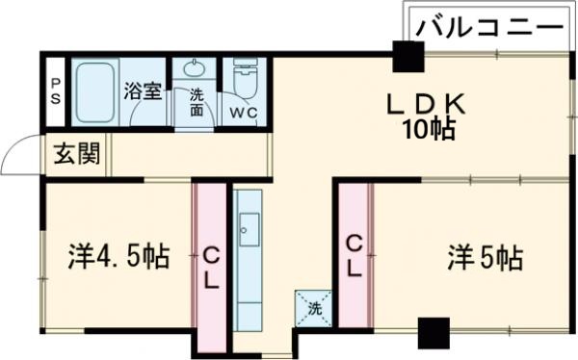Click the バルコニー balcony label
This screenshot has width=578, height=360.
point(488,26)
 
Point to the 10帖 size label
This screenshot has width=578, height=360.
point(429,130)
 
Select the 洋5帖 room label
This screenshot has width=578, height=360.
point(485,257)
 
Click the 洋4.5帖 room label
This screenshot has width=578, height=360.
point(118,257)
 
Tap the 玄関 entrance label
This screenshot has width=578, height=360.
point(76,154)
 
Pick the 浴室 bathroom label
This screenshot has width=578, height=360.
point(144,93)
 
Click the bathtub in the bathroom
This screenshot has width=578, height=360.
point(94,92)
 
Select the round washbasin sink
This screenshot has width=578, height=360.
point(197,69)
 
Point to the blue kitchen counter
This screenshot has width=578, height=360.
point(249,260)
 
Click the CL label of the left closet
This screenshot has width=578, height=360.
point(210,268)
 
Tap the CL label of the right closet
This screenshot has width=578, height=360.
point(354,255)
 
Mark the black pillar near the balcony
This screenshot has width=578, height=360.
point(407,59)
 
